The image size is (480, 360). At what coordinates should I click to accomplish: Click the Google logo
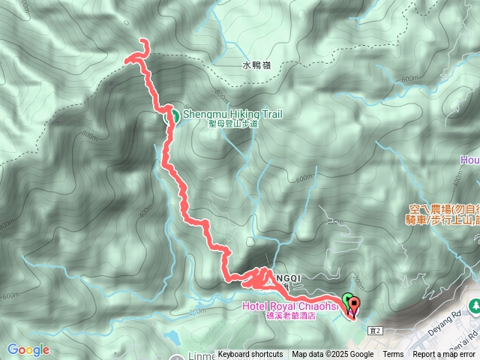coord(28,349)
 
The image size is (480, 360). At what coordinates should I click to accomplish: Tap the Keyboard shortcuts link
coord(250,355)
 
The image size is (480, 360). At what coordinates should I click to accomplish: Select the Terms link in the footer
coord(393,355)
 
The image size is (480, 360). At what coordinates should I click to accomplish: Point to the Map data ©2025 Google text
coord(333,355)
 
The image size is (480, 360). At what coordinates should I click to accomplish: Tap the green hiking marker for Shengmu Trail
coord(171,115)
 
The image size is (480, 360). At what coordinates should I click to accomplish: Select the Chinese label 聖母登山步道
coord(232,124)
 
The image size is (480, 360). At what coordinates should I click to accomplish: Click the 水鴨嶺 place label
coord(256,66)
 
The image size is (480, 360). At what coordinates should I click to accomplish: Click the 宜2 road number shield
coord(376,329)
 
